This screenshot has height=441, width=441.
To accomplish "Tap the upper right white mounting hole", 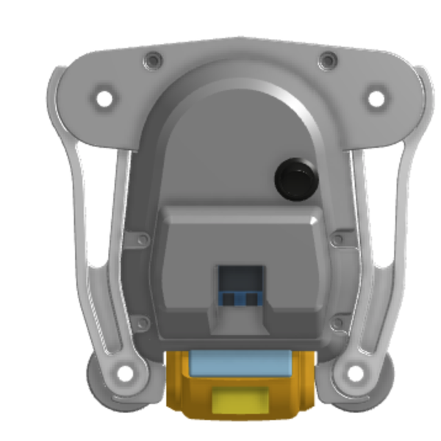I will pyautogui.click(x=376, y=97).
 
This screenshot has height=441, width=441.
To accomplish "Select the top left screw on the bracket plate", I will pyautogui.click(x=152, y=59).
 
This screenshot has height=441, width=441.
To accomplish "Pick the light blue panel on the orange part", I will pyautogui.click(x=239, y=362).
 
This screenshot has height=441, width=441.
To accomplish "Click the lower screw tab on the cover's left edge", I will pyautogui.click(x=140, y=320).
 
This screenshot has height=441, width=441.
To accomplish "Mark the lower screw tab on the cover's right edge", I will pyautogui.click(x=337, y=322).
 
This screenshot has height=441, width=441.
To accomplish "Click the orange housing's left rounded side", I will pyautogui.click(x=176, y=382).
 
